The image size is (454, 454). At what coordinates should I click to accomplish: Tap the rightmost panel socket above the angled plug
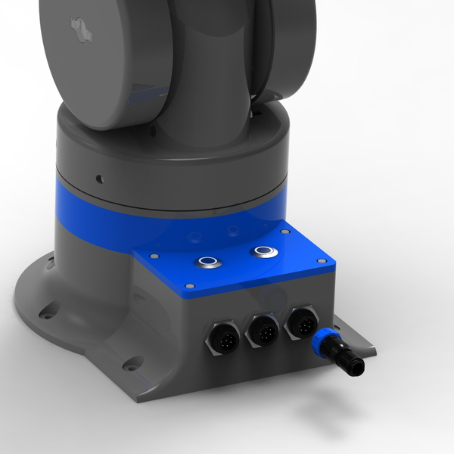click(298, 322)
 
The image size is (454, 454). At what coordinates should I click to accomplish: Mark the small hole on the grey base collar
click(99, 179)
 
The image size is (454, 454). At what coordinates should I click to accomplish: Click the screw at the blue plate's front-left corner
click(189, 286)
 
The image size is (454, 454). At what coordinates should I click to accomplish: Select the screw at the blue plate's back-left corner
click(154, 256)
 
